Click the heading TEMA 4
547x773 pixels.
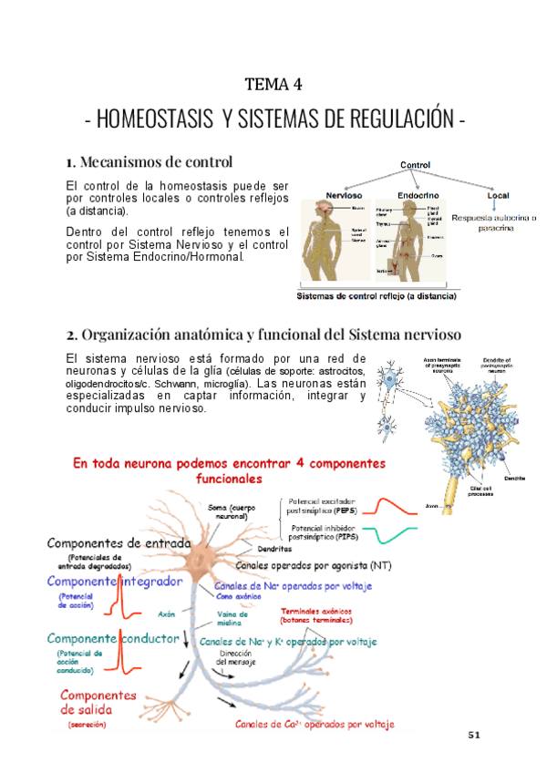[273, 86]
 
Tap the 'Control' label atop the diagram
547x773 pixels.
[415, 165]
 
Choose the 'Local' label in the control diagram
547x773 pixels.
[497, 195]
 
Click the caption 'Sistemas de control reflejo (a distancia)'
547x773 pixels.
[378, 296]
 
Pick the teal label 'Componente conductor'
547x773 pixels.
[112, 639]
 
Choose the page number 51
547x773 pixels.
[473, 735]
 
